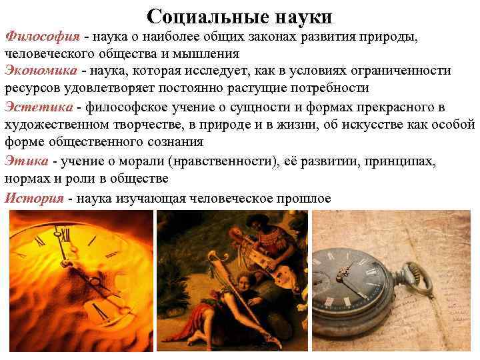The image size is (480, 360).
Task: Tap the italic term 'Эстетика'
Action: [39, 107]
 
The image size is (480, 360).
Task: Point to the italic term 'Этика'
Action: [27, 161]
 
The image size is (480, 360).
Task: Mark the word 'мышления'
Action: [209, 53]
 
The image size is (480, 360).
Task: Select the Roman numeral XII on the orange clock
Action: [65, 233]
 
